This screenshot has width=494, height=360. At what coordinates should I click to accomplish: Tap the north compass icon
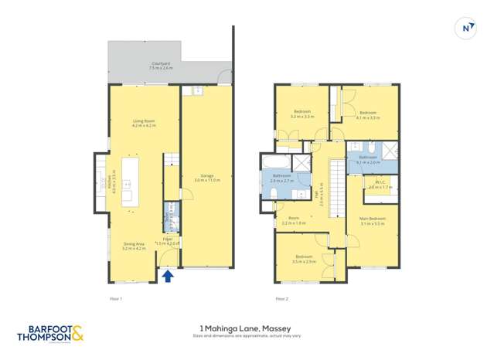466,28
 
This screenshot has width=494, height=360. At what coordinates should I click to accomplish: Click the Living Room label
144,123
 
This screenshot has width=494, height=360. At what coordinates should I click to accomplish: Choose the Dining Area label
135,246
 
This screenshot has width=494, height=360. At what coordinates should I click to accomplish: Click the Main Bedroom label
372,220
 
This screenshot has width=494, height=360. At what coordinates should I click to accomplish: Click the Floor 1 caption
115,297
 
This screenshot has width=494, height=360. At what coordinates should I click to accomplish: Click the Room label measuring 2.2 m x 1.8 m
295,220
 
